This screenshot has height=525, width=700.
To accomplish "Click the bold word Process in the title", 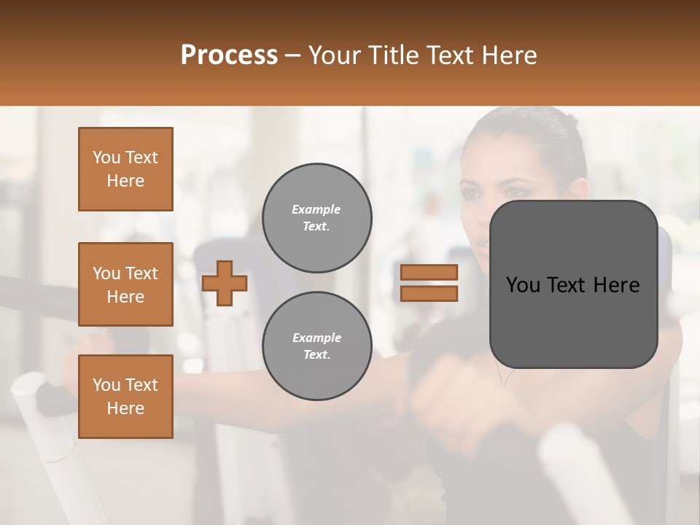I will pyautogui.click(x=229, y=55).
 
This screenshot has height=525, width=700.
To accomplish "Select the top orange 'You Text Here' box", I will pyautogui.click(x=125, y=169).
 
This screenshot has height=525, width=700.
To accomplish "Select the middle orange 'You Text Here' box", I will pyautogui.click(x=125, y=284).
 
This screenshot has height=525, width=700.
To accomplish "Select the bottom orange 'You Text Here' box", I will pyautogui.click(x=125, y=397).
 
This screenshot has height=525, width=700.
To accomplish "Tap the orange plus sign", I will pyautogui.click(x=225, y=283).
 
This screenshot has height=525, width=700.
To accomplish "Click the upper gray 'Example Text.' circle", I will pyautogui.click(x=316, y=217).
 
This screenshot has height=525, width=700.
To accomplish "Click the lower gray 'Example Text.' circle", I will pyautogui.click(x=316, y=346).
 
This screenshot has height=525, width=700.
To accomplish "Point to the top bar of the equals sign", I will pyautogui.click(x=429, y=272).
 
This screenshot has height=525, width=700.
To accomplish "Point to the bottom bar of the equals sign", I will pyautogui.click(x=429, y=293).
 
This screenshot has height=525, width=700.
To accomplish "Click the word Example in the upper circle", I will pyautogui.click(x=316, y=209).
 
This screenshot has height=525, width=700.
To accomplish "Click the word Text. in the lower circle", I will pyautogui.click(x=316, y=354).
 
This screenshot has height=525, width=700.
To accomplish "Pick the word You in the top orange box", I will pyautogui.click(x=106, y=157).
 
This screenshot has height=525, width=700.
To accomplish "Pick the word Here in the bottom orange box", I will pyautogui.click(x=125, y=408).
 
